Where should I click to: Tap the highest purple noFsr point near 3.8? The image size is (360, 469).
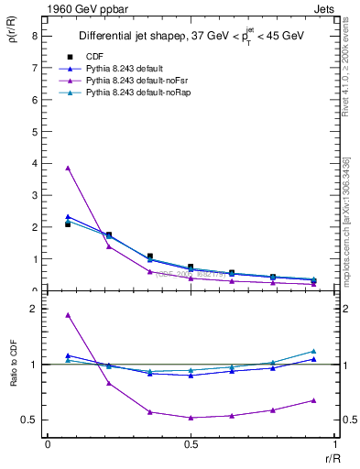point(68,168)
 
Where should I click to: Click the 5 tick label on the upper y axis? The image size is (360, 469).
point(34,131)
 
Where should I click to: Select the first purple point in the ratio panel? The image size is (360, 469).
point(68,315)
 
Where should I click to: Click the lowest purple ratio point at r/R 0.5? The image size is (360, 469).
point(191,418)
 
